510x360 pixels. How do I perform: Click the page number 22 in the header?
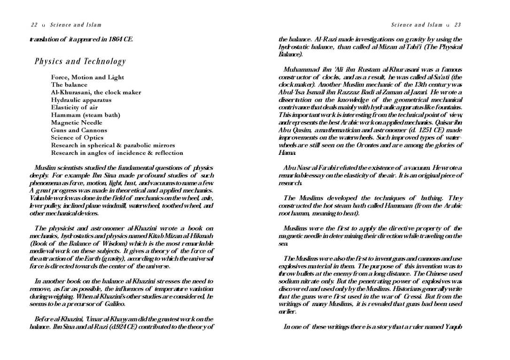tap(34, 25)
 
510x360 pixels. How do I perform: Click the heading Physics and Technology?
tap(80, 62)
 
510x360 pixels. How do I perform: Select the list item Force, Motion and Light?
tap(87, 77)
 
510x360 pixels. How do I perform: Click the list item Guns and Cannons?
tap(79, 130)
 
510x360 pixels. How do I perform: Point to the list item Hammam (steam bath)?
tap(85, 115)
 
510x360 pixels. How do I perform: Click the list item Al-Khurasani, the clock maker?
tap(96, 92)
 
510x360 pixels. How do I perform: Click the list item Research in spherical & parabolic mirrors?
tap(113, 145)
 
